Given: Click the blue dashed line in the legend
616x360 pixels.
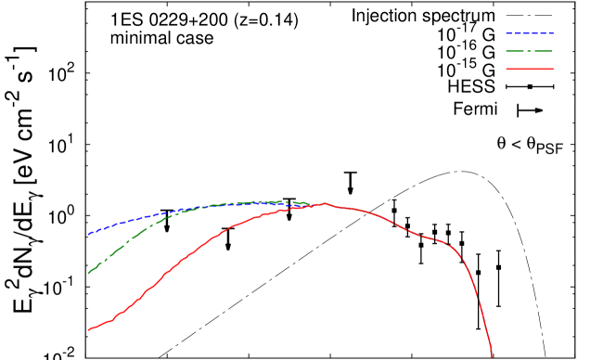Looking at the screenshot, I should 530,33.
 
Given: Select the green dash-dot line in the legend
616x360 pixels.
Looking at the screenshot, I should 530,51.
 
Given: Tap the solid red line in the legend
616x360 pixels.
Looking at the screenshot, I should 530,69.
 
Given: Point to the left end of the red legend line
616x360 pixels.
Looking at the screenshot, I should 507,69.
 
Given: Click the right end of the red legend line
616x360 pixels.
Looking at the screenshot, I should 553,69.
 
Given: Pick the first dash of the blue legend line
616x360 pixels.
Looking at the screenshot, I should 508,33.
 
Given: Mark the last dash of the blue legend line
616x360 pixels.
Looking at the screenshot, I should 551,33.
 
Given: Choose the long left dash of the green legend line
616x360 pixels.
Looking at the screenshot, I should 515,51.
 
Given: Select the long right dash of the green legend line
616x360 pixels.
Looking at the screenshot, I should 543,51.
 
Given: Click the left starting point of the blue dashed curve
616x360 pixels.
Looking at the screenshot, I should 88,234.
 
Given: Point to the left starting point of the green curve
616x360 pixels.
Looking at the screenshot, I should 88,273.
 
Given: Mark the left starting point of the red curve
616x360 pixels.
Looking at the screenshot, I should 88,329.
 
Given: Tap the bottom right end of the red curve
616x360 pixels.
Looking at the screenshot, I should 492,355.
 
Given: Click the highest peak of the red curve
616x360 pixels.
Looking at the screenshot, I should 325,203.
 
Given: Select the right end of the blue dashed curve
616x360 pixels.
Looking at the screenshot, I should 311,204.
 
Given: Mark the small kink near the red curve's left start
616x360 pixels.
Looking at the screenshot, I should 111,320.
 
